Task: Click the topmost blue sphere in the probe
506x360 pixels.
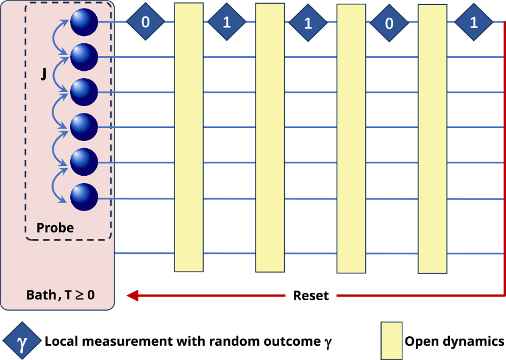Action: (84, 23)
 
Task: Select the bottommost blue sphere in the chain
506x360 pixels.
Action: (84, 197)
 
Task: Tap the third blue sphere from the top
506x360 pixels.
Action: (84, 92)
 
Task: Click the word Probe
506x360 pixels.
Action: (55, 228)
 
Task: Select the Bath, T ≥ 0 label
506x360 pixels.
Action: (60, 295)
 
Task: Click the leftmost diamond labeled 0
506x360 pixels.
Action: (146, 22)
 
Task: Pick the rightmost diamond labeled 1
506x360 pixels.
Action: (474, 22)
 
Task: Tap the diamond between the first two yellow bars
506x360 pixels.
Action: (227, 22)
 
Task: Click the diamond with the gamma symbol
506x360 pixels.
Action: (23, 341)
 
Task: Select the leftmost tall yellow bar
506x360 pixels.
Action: (188, 137)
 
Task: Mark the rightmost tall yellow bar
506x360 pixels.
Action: (432, 139)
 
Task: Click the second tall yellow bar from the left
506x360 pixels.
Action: (269, 137)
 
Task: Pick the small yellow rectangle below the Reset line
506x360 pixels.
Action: (391, 340)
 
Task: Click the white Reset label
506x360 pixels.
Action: (311, 296)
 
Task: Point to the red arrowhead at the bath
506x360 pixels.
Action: (132, 296)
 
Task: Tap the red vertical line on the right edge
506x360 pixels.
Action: (504, 159)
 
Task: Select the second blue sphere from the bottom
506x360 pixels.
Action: (84, 162)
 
